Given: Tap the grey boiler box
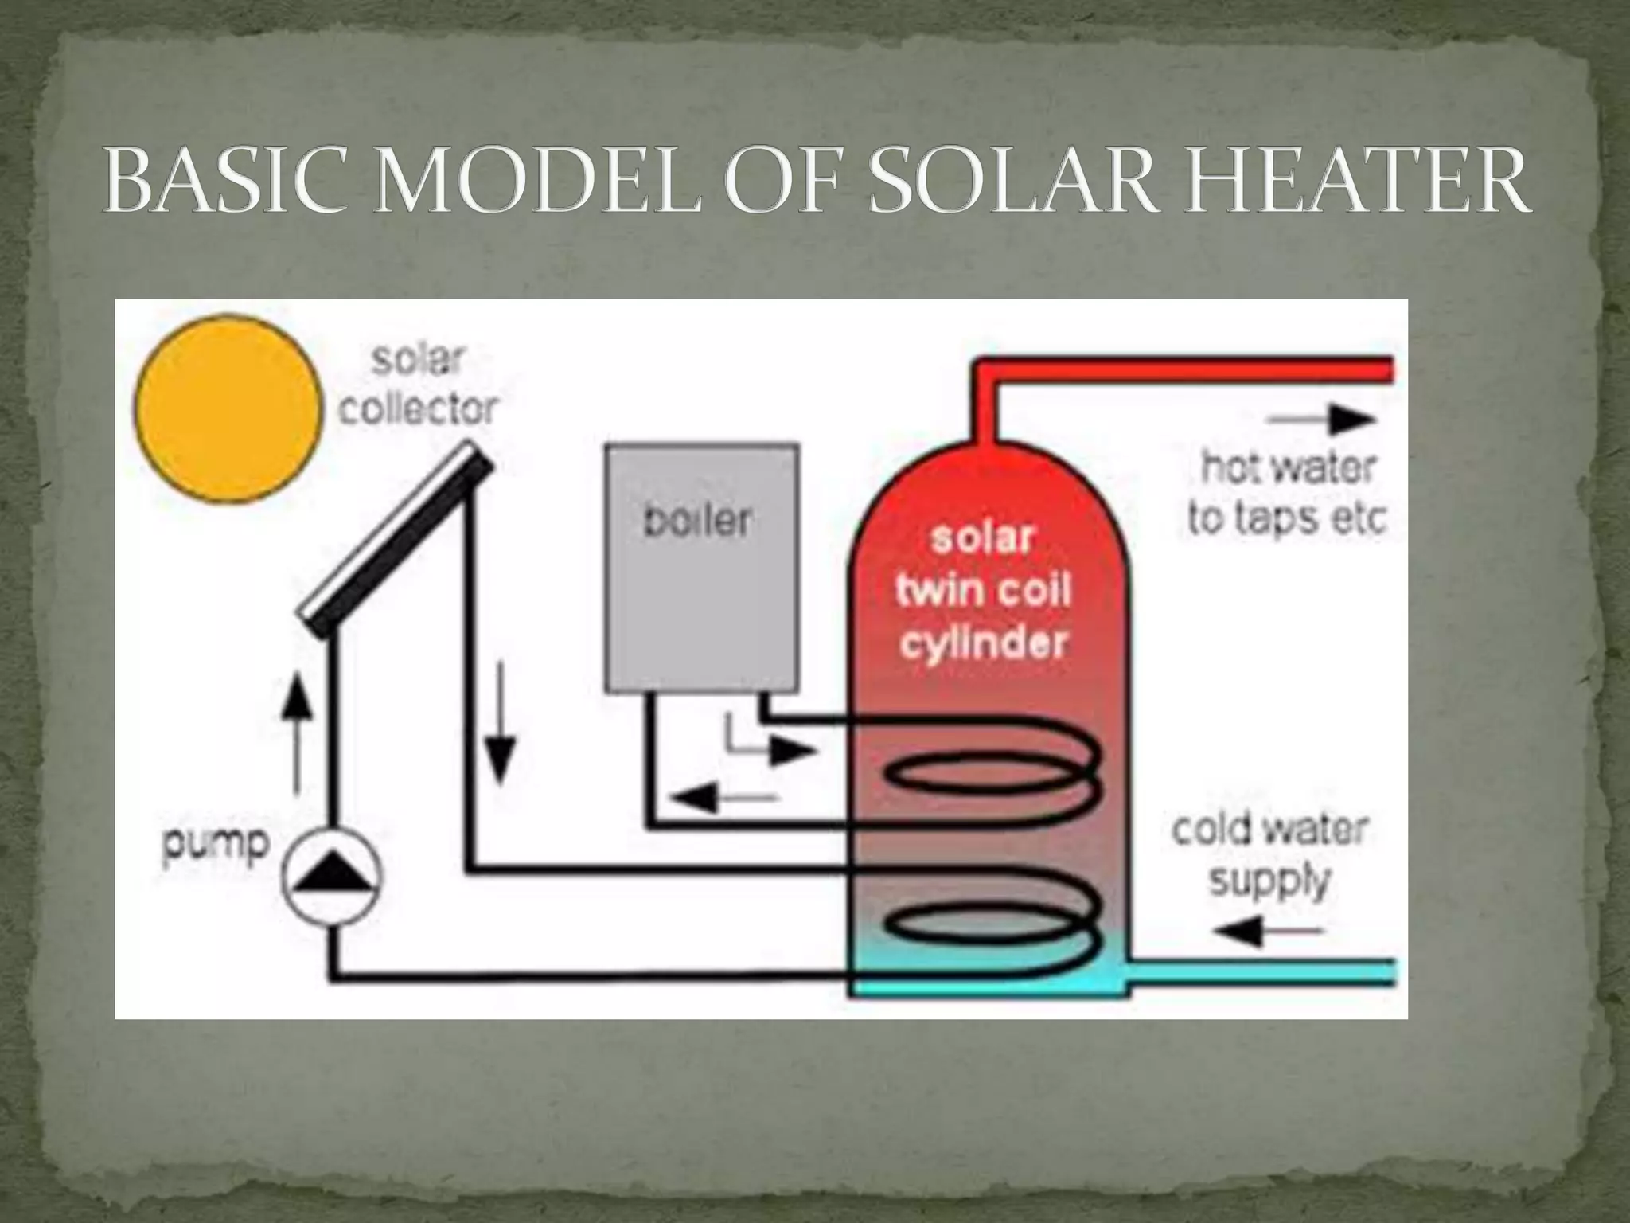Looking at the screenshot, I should click(701, 567).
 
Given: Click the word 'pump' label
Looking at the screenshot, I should click(216, 845).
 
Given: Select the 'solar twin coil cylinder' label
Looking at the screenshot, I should click(982, 589).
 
